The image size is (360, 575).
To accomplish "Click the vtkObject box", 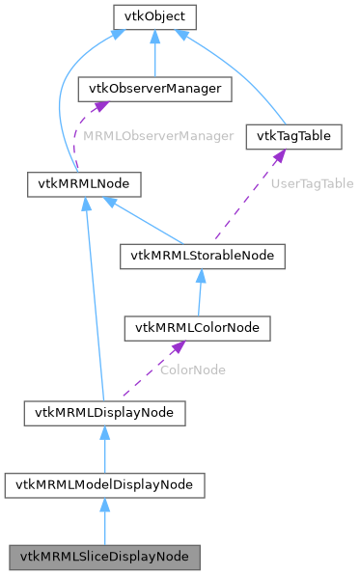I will [154, 17].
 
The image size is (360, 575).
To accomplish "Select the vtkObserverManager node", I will [154, 90].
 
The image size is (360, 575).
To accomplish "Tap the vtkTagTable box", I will [294, 136].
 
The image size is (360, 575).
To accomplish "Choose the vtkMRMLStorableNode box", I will [202, 256].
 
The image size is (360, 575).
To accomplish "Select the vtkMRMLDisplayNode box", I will [104, 414].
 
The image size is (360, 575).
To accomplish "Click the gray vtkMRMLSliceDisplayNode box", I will [104, 557].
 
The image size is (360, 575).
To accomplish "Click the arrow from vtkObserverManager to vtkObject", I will [154, 53].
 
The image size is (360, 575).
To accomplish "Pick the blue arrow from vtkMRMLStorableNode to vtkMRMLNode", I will [145, 219].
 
